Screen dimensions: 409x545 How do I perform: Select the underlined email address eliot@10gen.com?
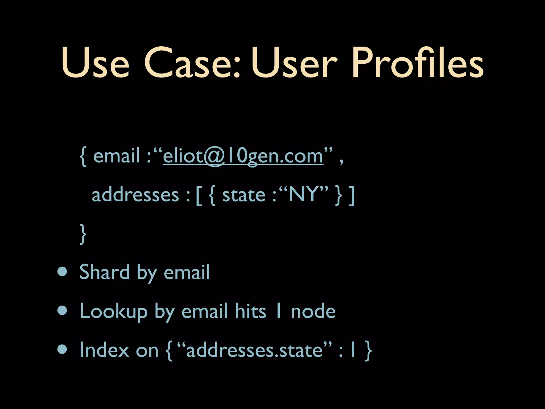click(243, 156)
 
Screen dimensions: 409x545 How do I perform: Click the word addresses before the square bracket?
click(135, 195)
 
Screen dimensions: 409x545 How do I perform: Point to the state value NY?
click(303, 195)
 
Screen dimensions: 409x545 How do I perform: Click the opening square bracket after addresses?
click(198, 196)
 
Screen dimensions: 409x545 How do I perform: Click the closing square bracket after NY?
click(352, 196)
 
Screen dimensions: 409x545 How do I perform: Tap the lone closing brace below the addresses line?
click(83, 234)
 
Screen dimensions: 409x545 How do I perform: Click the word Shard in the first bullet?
click(104, 272)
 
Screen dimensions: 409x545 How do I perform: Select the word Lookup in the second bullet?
click(114, 311)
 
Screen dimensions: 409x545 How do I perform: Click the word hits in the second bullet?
click(250, 311)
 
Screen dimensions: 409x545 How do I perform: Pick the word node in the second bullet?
click(313, 311)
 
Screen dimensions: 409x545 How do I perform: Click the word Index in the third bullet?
click(104, 350)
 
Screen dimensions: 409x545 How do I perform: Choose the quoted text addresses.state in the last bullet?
click(254, 350)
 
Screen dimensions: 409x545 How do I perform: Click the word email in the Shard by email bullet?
click(187, 272)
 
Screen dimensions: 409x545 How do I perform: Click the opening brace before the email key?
click(83, 157)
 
